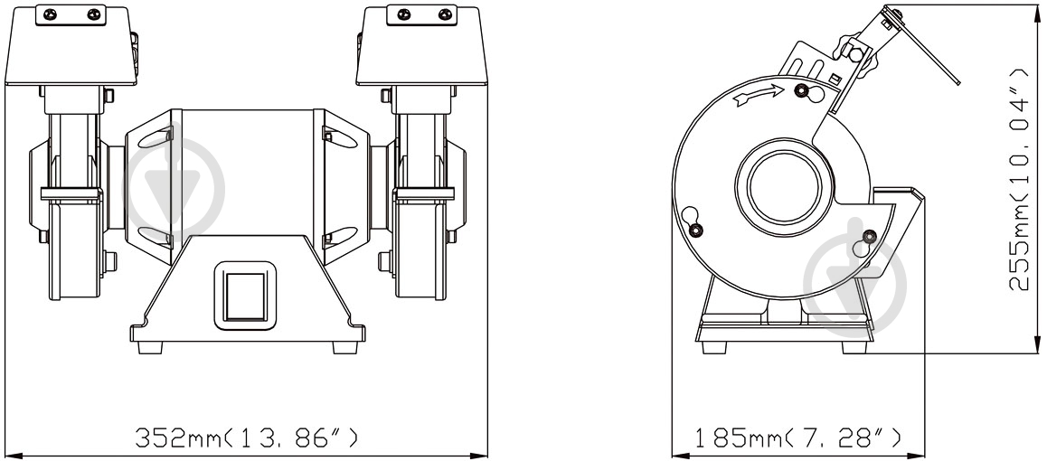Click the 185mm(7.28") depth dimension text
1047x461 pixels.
click(x=798, y=437)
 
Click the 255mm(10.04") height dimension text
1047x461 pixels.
click(x=1019, y=178)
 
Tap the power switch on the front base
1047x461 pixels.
click(x=245, y=296)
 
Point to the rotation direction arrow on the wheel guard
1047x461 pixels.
click(x=758, y=96)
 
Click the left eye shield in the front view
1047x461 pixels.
click(x=71, y=46)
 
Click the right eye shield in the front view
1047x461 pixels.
click(x=421, y=46)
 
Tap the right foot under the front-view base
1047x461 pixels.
click(x=345, y=348)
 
